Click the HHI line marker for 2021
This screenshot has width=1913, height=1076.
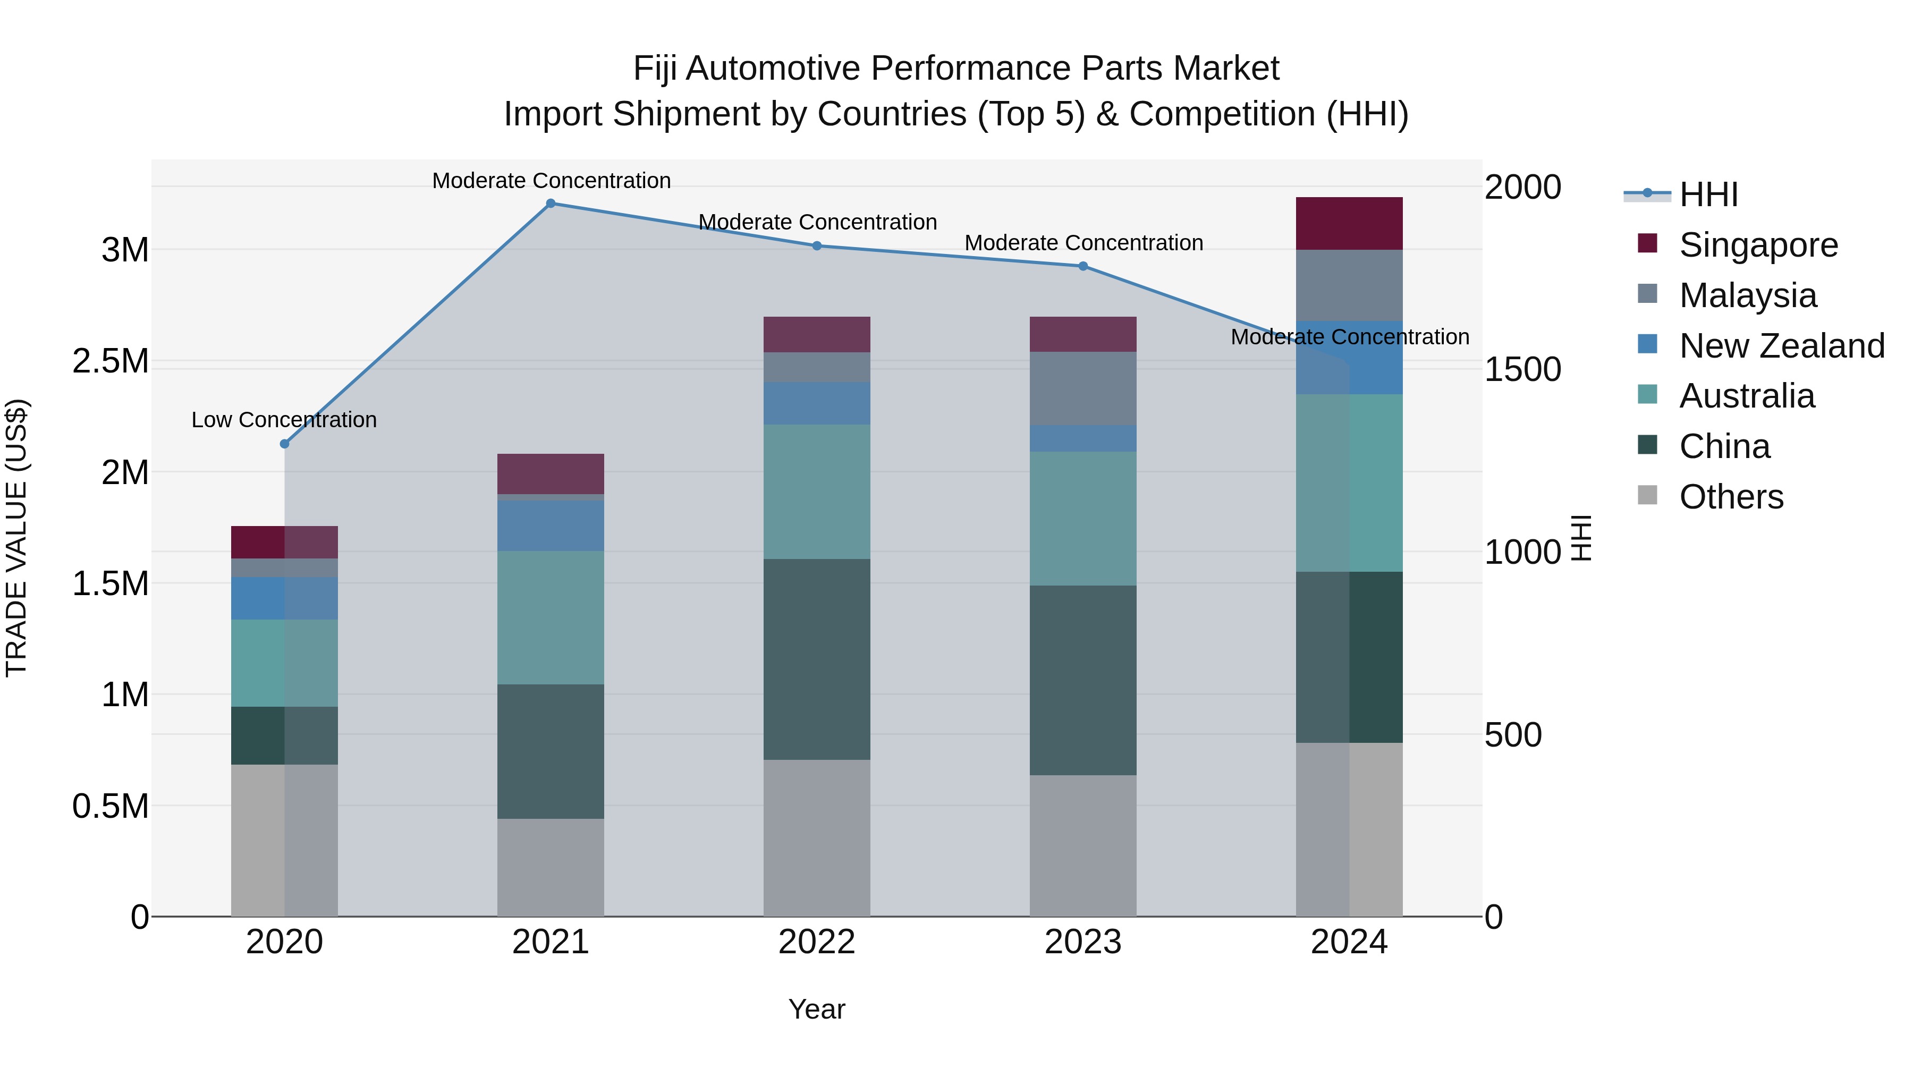click(x=551, y=204)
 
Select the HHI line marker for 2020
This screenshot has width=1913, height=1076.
click(x=284, y=444)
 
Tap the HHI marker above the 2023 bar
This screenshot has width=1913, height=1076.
click(x=1083, y=266)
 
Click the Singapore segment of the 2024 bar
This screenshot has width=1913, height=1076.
click(x=1349, y=224)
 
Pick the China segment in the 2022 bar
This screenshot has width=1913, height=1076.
click(x=816, y=659)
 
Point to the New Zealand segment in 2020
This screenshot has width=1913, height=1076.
click(x=284, y=598)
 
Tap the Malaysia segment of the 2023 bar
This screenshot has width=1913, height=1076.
click(x=1083, y=388)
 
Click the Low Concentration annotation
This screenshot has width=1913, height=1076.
click(x=284, y=420)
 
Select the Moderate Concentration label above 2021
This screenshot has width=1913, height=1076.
click(x=551, y=181)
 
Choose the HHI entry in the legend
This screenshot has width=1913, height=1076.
click(x=1708, y=194)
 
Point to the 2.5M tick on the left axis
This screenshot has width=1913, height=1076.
click(x=110, y=362)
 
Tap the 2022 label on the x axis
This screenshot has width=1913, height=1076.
click(x=816, y=942)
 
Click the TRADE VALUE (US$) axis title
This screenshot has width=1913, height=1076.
click(x=16, y=538)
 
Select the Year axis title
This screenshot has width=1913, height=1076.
click(x=816, y=1009)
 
